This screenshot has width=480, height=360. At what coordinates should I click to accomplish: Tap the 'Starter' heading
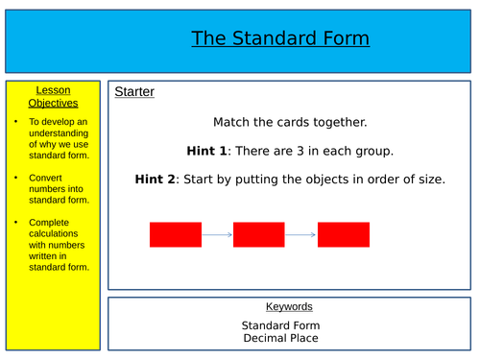(134, 92)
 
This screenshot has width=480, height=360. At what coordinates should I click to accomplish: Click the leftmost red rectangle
(176, 234)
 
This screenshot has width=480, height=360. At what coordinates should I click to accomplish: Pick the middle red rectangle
(259, 234)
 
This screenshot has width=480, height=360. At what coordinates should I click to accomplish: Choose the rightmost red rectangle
(343, 234)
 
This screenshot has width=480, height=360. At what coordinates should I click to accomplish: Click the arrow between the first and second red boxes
(217, 234)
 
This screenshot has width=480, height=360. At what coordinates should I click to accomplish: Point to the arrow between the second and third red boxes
(301, 234)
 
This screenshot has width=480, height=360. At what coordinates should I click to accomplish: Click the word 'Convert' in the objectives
(45, 178)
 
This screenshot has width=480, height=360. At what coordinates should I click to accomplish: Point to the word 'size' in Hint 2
(431, 179)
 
